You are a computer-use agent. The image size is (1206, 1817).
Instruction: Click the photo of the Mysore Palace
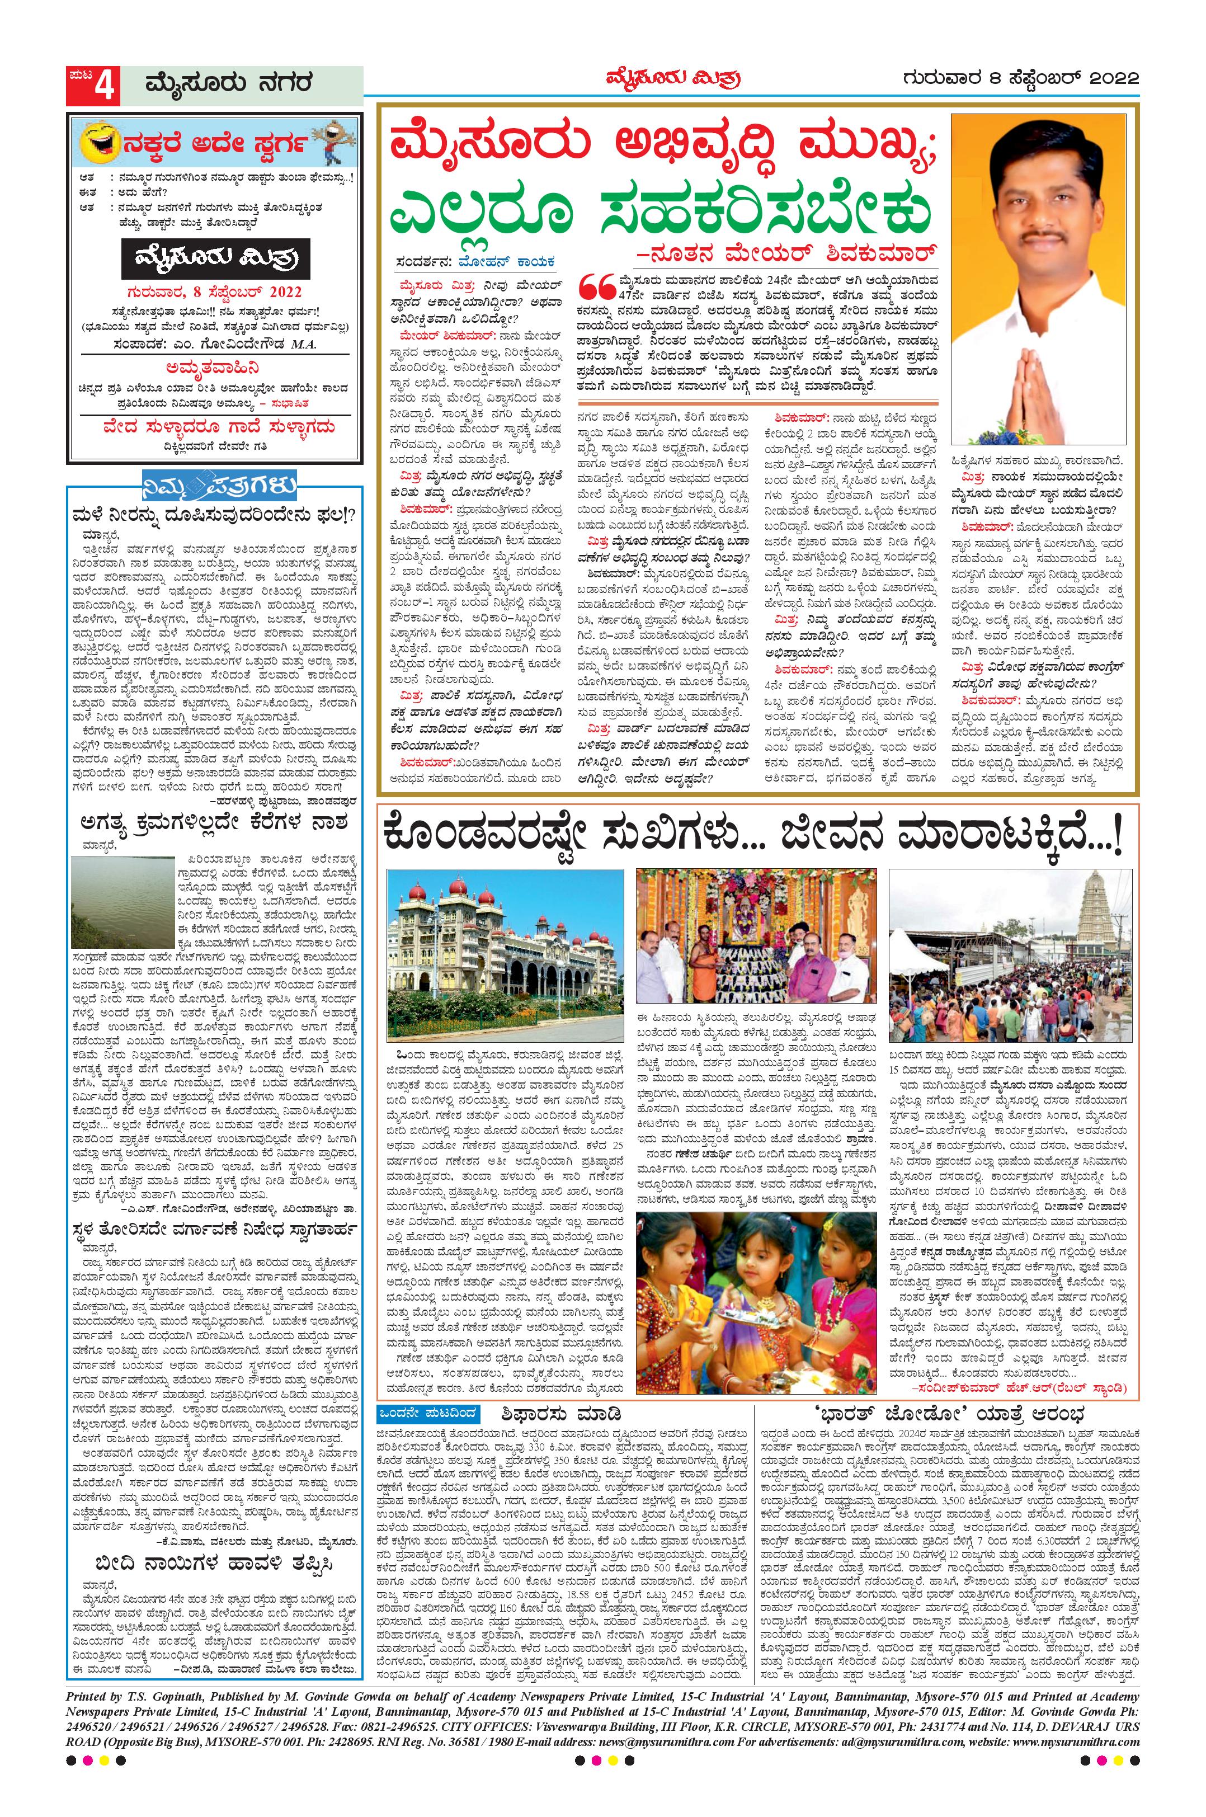point(505,956)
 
